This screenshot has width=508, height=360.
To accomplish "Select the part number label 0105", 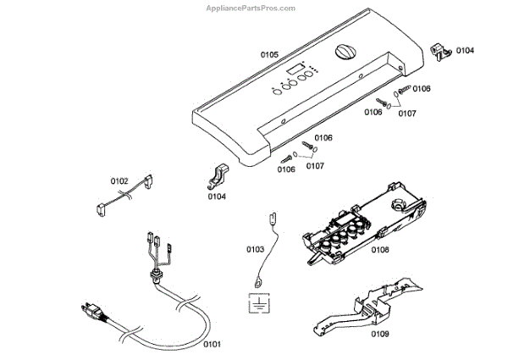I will [269, 55].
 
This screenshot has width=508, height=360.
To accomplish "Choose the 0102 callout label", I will [119, 180].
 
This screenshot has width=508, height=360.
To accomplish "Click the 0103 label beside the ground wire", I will [256, 249].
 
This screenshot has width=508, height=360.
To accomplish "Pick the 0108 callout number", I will [379, 250].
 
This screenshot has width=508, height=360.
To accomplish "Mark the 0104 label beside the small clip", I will [466, 51].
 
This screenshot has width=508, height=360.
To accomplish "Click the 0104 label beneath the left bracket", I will [217, 197].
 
